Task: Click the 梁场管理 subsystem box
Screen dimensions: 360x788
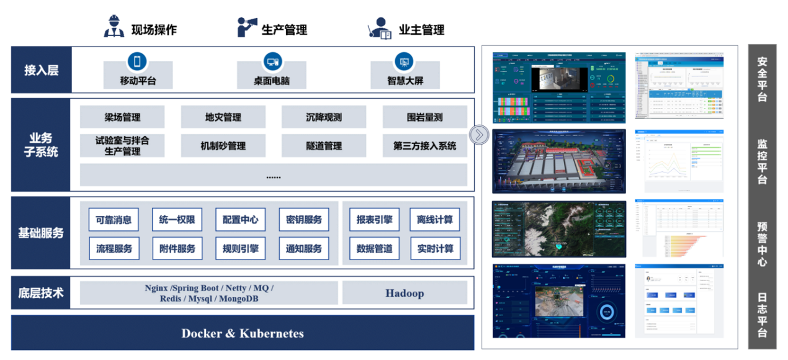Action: click(x=122, y=117)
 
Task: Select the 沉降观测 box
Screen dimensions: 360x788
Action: click(x=323, y=117)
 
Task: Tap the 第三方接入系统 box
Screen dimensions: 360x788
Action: click(x=424, y=146)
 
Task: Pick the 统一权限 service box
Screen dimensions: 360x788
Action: click(x=177, y=220)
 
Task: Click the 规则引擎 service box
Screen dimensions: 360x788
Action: click(x=240, y=249)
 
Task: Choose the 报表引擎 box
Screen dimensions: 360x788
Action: click(x=374, y=220)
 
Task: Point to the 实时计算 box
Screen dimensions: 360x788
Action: click(x=434, y=249)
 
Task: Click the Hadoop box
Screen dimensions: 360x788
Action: click(x=405, y=293)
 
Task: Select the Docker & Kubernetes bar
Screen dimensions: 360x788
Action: click(x=243, y=333)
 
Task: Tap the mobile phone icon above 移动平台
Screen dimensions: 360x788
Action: click(x=137, y=61)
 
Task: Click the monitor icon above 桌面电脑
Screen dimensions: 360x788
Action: click(x=272, y=61)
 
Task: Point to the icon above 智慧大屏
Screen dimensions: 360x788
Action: click(x=405, y=61)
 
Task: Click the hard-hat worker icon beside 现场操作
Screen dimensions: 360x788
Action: click(x=114, y=27)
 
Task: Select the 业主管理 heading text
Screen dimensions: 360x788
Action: click(x=421, y=29)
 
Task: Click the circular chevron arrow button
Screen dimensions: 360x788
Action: click(x=478, y=135)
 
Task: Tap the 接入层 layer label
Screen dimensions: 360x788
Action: click(x=42, y=70)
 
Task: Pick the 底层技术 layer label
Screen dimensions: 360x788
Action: click(x=42, y=293)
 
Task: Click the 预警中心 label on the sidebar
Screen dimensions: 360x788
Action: click(x=762, y=244)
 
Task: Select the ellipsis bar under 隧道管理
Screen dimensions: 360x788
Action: click(x=273, y=176)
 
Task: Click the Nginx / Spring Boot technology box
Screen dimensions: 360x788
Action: click(x=209, y=293)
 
